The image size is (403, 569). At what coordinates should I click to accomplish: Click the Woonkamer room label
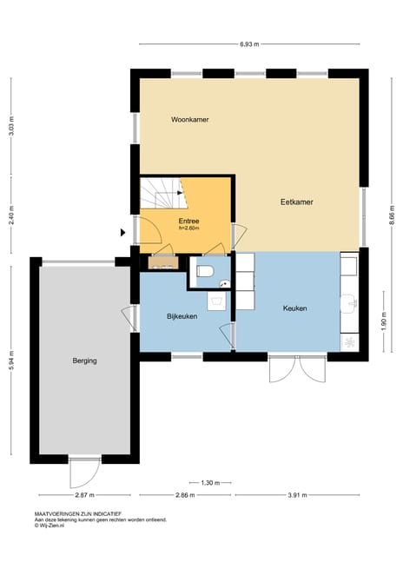tap(189, 118)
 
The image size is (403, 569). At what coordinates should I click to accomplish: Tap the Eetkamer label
tap(296, 202)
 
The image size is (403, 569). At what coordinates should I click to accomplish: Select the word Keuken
tap(295, 308)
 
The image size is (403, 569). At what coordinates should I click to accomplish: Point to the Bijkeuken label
tap(182, 316)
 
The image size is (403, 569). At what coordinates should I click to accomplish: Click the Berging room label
tap(84, 360)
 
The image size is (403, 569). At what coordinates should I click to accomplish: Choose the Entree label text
tap(188, 221)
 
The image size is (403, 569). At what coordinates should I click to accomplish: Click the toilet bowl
tap(205, 272)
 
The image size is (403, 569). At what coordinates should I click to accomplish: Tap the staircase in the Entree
tap(160, 193)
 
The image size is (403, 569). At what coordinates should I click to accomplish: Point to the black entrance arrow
tap(123, 232)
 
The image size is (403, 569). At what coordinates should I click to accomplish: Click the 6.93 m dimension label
tap(248, 43)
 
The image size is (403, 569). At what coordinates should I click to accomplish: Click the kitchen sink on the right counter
tap(351, 304)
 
